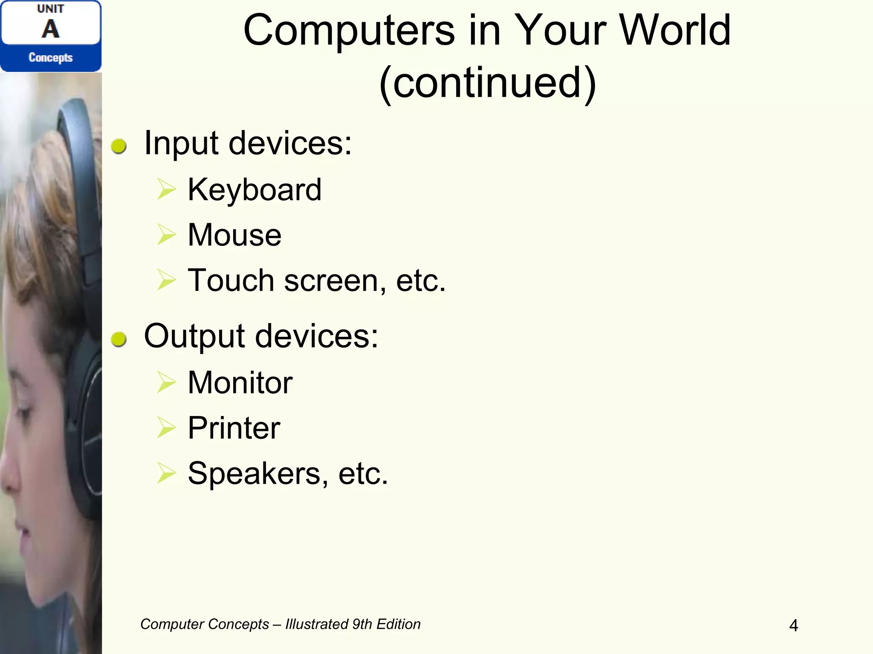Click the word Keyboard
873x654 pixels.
coord(254,190)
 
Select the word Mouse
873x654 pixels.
coord(234,235)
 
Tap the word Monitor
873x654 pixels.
coord(240,382)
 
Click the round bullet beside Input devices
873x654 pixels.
coord(119,146)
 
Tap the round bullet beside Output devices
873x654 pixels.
coord(119,339)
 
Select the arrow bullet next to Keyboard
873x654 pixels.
coord(166,189)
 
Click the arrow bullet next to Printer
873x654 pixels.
coord(166,427)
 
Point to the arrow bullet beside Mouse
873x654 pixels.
coord(166,235)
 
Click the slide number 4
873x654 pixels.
coord(793,625)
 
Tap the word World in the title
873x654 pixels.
coord(675,30)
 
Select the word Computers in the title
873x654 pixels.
coord(349,30)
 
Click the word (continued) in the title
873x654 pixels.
coord(487,83)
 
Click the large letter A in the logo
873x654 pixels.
coord(50,29)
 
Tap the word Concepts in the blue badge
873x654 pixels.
coord(50,57)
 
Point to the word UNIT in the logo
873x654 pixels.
coord(50,9)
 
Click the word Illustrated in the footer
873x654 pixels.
coord(317,624)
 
